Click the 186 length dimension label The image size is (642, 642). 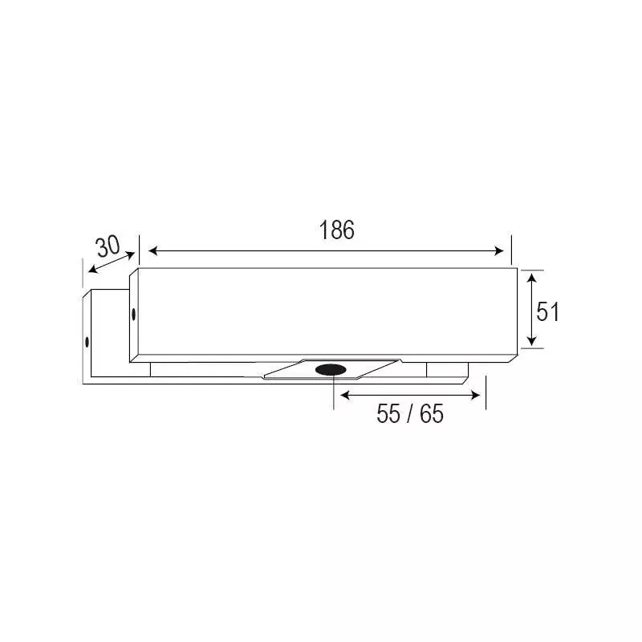coord(336,230)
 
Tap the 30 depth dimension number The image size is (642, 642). coord(107,246)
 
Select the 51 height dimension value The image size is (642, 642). coord(547,311)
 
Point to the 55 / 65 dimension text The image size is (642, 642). coord(409,415)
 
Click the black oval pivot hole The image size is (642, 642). coord(331,369)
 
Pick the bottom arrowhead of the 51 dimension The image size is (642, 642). coord(530,343)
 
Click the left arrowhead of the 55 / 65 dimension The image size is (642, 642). coord(343,394)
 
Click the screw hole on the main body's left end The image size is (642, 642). coord(133,312)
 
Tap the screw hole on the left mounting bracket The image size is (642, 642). coord(87,342)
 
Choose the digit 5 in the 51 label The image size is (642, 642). coord(542,311)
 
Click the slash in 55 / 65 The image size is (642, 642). coord(409,415)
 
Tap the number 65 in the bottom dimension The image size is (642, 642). coord(431,415)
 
